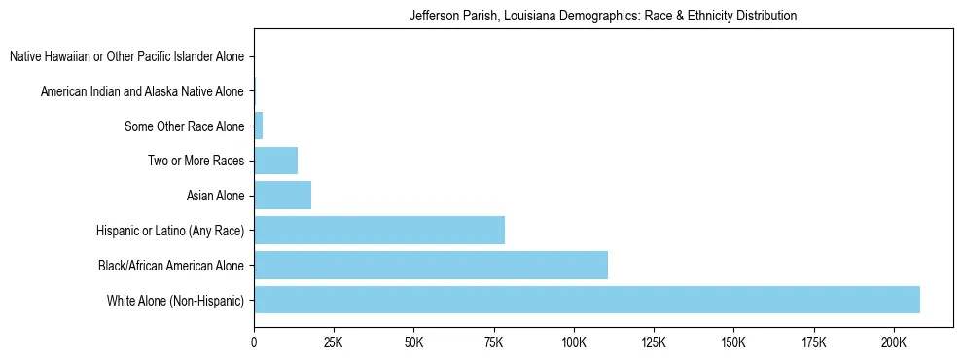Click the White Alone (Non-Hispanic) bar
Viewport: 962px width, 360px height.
(x=587, y=300)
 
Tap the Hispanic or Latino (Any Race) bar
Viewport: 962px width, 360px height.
(x=379, y=230)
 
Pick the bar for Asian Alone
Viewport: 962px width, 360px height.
(x=282, y=195)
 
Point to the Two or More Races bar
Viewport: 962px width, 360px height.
(x=275, y=161)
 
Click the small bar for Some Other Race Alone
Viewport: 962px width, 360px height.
(x=259, y=126)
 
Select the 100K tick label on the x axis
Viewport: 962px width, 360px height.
(x=574, y=342)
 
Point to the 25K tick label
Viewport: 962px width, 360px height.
(x=334, y=342)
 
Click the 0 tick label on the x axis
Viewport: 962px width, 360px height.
(x=254, y=342)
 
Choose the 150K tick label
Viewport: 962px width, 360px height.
(x=733, y=342)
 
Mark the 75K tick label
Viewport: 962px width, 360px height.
(x=493, y=342)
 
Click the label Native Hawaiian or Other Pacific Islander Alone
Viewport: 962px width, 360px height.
(x=126, y=57)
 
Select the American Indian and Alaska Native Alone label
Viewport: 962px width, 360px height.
(x=142, y=92)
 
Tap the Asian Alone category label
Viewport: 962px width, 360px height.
(x=215, y=197)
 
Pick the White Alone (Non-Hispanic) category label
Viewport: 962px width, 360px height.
(x=176, y=301)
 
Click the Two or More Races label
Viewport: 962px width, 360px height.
(x=196, y=162)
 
